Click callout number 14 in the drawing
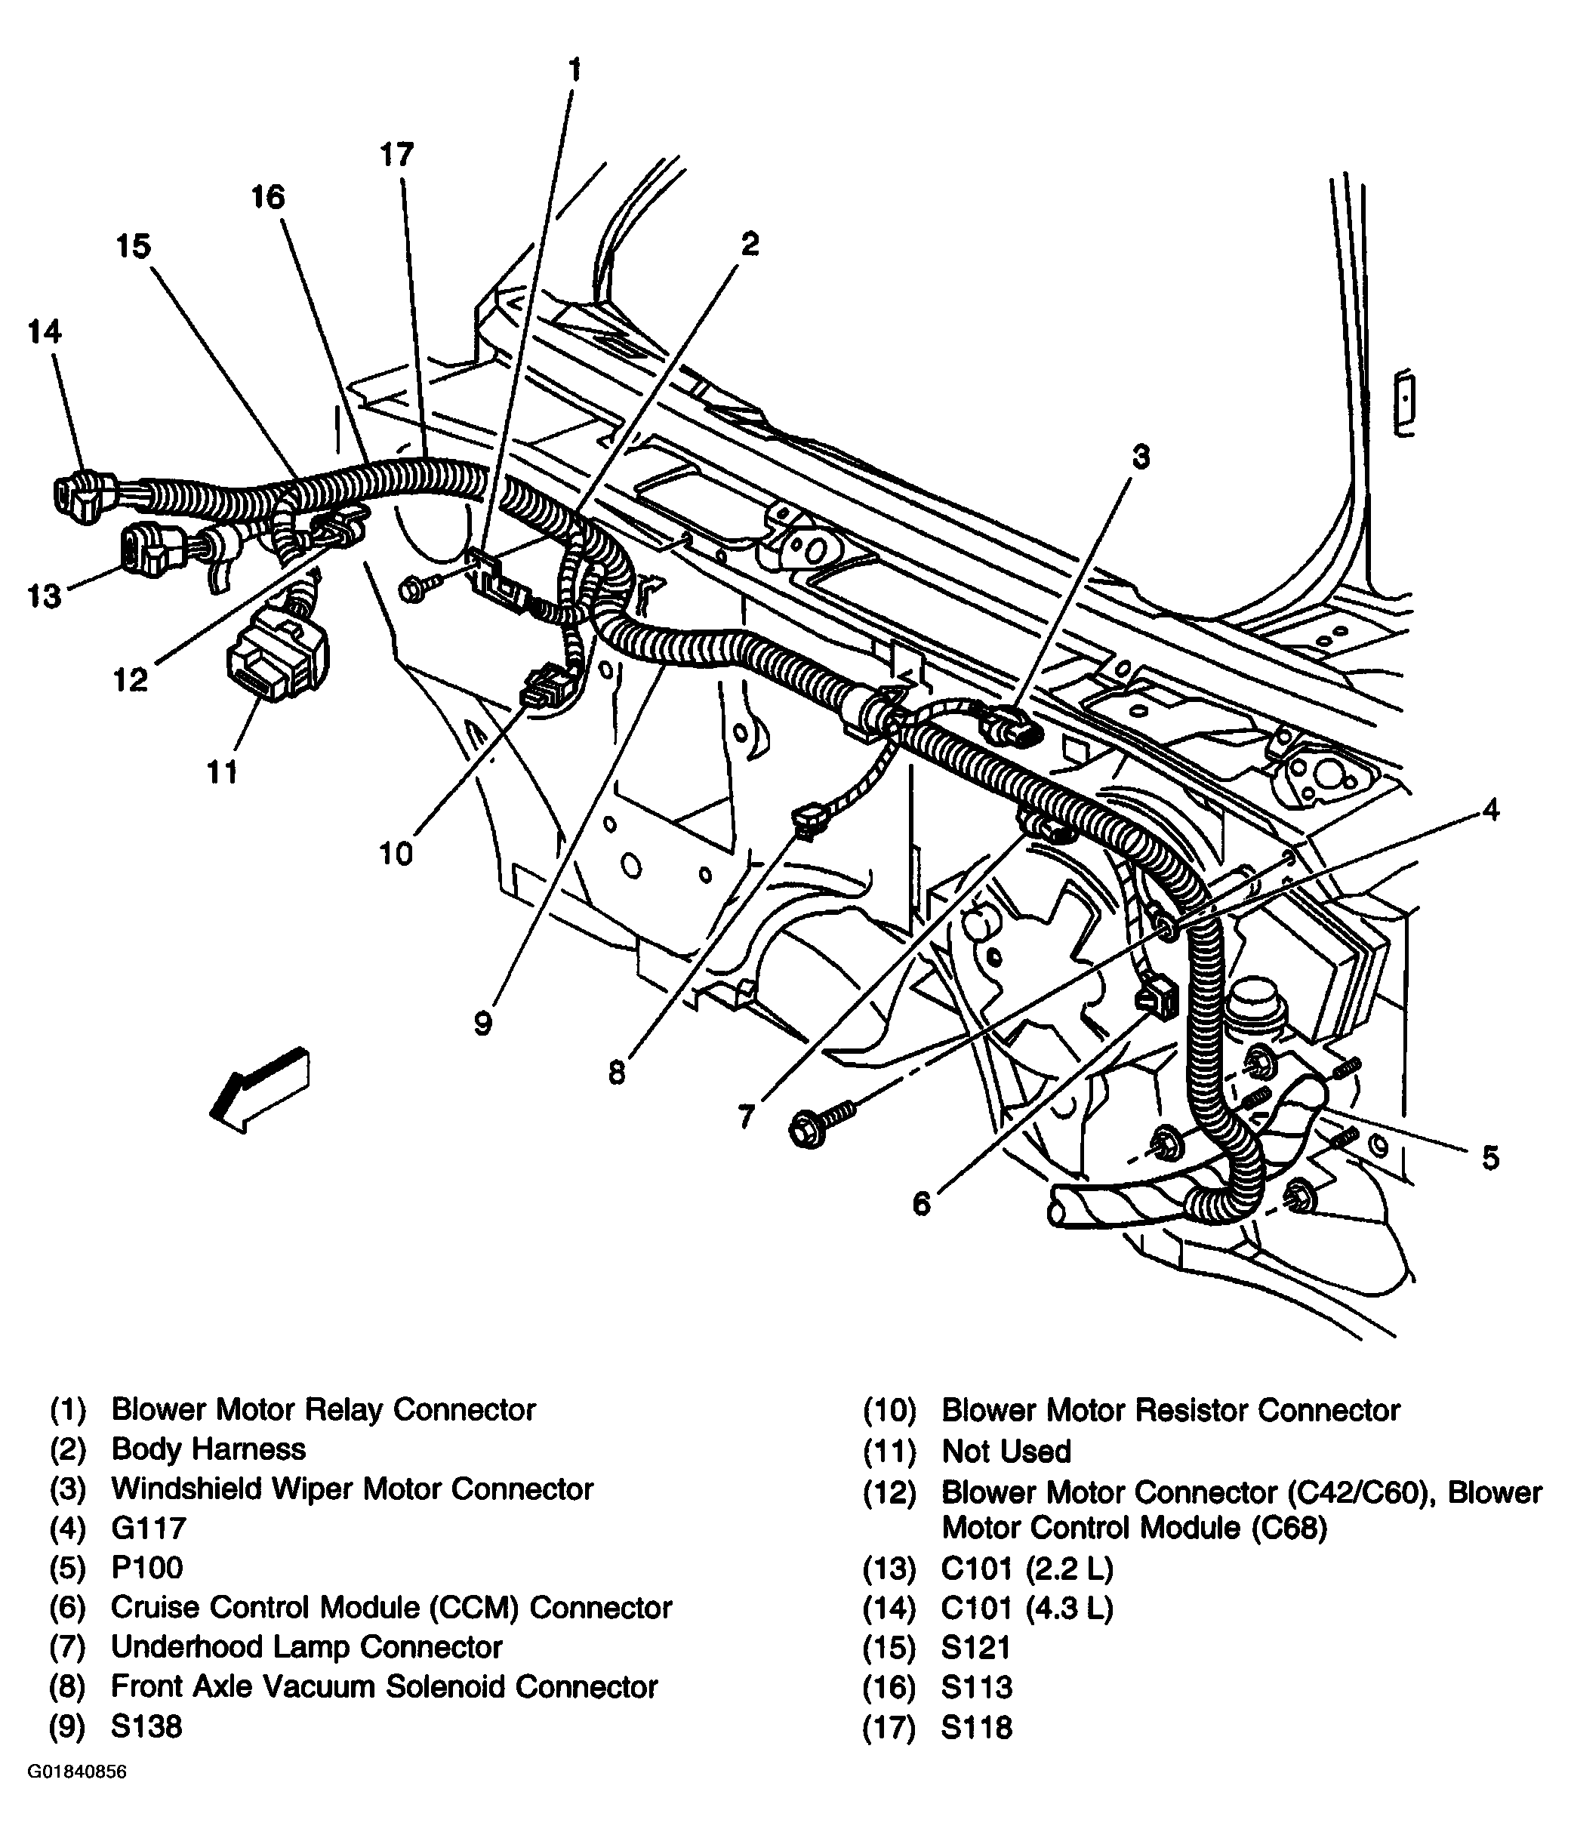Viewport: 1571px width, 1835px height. click(45, 332)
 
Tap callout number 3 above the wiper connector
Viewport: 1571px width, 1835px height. click(1141, 457)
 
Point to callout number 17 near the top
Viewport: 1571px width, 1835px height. click(397, 155)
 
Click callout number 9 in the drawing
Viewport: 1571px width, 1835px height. click(482, 1024)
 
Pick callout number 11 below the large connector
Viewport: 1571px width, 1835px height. click(222, 772)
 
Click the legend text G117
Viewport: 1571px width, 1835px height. click(149, 1528)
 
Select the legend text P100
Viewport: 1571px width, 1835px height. click(147, 1568)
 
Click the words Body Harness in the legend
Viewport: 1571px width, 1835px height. click(208, 1449)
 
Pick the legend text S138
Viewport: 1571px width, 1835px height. click(146, 1726)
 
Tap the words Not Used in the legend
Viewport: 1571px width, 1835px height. click(1006, 1451)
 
